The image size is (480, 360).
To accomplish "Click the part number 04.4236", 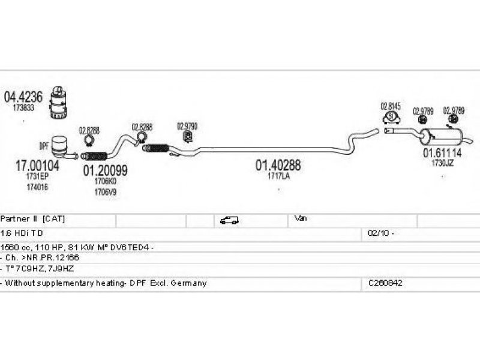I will point(23,97).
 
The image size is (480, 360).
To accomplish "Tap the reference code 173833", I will point(23,108).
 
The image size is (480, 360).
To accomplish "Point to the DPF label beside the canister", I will point(44,146).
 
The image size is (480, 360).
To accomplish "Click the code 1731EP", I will point(37,178).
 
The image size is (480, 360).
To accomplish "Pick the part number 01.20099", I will point(105,170).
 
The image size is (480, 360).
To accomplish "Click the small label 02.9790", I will point(187,127).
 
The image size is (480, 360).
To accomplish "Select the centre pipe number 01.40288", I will point(278,164).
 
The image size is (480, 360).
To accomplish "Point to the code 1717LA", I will point(278,176).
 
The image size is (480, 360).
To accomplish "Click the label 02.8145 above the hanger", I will point(391,106).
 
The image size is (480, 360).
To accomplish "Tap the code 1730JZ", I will point(443,163).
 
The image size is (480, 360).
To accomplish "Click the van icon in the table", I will point(230,220).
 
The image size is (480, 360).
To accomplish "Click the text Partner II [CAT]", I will point(33,219).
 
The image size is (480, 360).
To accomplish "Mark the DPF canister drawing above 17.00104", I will point(61,146).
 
